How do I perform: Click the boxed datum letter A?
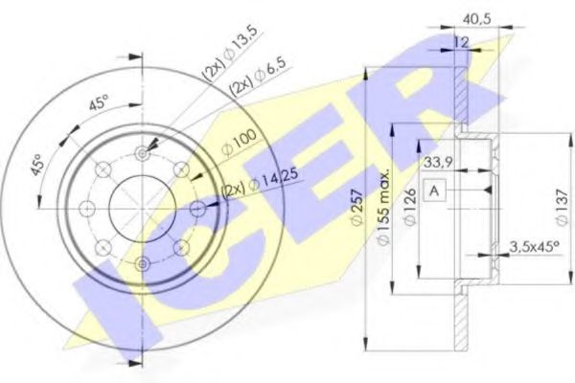click(x=434, y=191)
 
